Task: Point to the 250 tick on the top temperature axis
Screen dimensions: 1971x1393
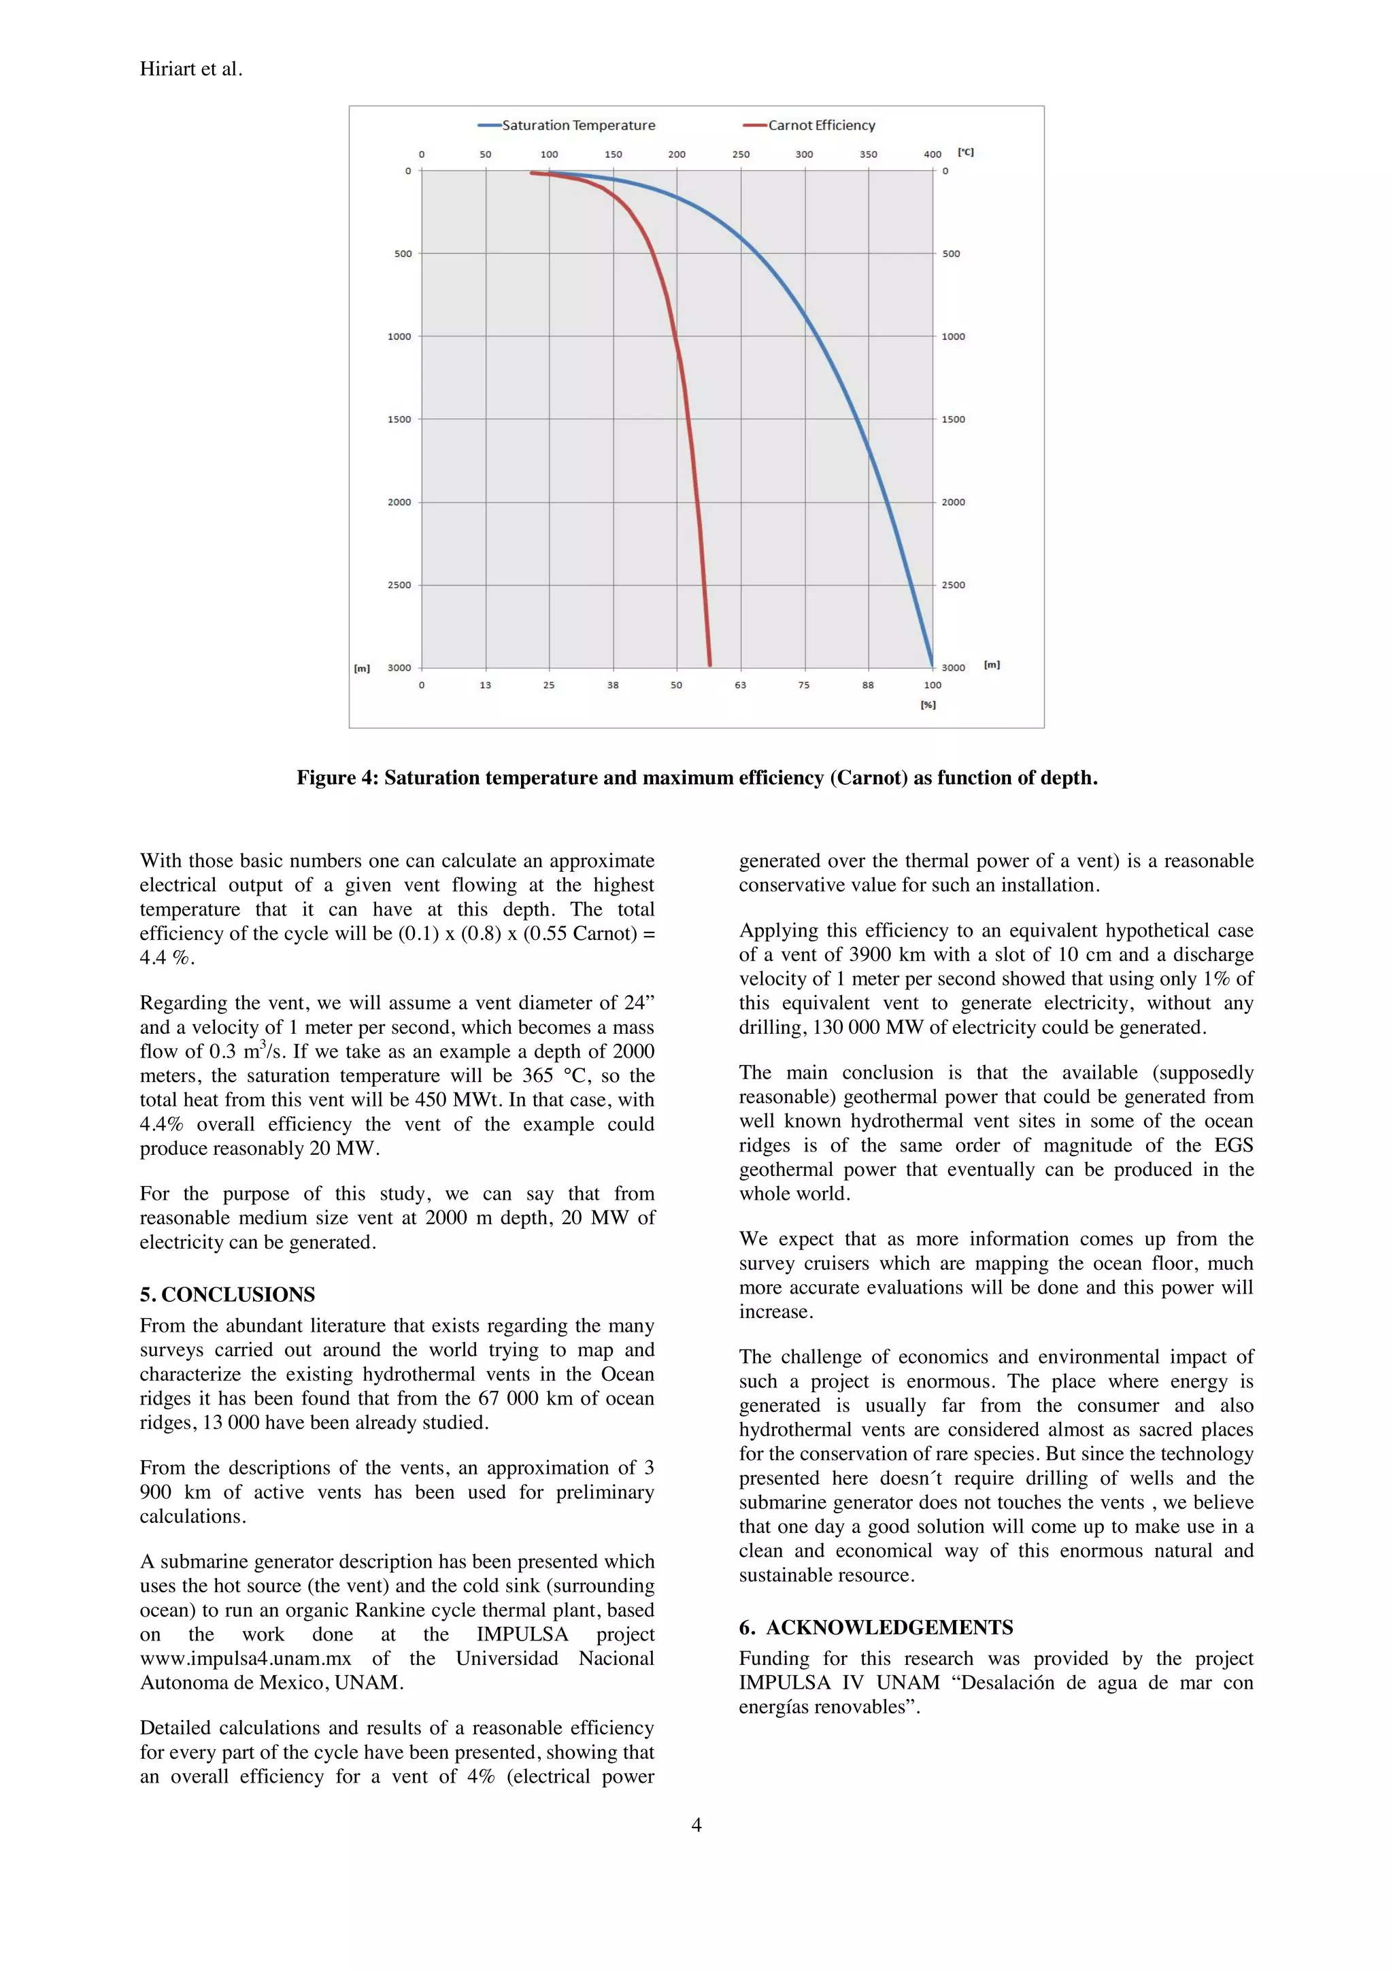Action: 741,154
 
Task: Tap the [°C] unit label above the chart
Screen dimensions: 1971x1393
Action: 966,153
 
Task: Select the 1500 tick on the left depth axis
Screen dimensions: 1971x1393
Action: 399,420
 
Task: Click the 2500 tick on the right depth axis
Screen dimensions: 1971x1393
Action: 954,586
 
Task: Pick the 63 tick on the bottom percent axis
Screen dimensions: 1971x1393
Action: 741,685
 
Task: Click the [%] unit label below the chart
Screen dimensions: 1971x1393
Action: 928,705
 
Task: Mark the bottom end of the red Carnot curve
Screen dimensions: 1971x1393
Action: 710,664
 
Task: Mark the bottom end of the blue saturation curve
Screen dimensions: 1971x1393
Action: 932,665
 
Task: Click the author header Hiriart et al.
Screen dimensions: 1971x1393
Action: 191,69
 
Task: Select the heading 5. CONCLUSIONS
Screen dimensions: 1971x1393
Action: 227,1294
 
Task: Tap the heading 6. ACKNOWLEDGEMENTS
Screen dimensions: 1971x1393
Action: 875,1628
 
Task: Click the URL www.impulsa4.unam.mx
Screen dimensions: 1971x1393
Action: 246,1659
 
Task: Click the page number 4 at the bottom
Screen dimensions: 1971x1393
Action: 696,1825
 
